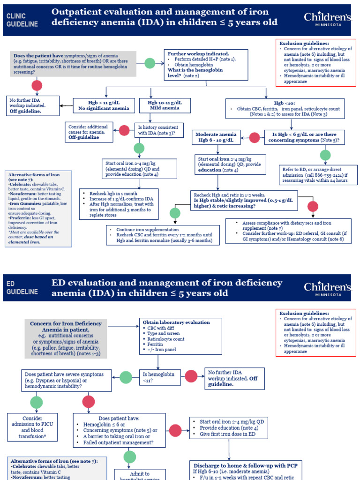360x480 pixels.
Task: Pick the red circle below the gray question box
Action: click(37, 85)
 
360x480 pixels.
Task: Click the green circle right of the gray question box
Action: click(150, 63)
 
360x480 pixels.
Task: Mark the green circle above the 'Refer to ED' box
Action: click(325, 155)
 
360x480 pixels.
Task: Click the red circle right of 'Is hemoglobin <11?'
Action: click(191, 376)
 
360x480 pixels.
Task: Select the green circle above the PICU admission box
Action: click(37, 402)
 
